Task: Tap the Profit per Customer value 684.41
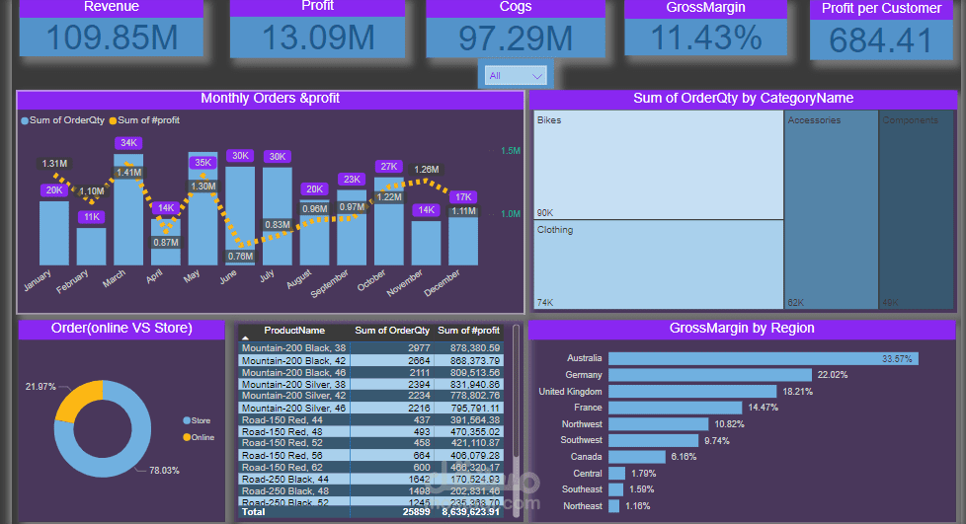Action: tap(880, 40)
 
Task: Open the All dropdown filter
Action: tap(516, 75)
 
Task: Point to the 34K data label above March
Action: tap(128, 143)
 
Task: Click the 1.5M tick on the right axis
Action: tap(510, 151)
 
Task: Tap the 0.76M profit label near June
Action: tap(240, 256)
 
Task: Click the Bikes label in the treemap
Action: tap(549, 120)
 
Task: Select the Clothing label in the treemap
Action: tap(555, 230)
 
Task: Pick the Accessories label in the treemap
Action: tap(815, 120)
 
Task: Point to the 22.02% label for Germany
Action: tap(833, 375)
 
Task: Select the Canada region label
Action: tap(586, 457)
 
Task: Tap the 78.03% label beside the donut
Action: tap(164, 471)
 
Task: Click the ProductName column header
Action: tap(294, 331)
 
